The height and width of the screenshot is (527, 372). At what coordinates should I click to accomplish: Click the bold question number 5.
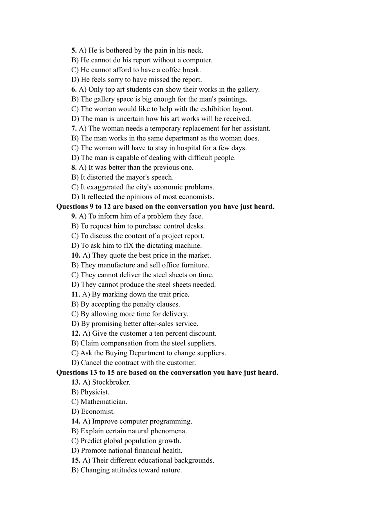74,50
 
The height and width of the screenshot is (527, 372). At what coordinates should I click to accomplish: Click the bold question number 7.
74,128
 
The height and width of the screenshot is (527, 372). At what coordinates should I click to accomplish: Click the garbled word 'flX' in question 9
128,245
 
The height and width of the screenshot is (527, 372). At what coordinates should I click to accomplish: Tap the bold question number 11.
76,294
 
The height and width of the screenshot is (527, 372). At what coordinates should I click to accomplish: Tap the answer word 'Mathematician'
104,402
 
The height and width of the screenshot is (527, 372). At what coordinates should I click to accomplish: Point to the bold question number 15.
76,460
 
